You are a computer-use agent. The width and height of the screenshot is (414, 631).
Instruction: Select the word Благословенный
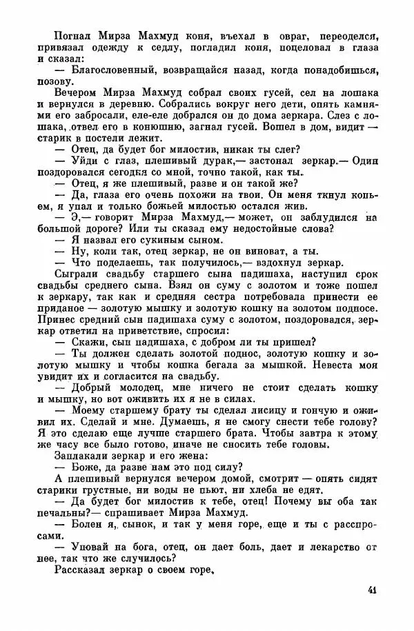(108, 70)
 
